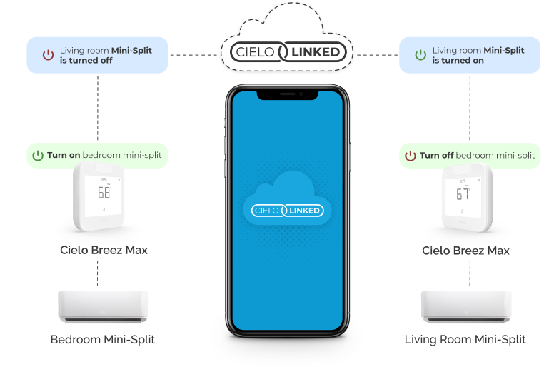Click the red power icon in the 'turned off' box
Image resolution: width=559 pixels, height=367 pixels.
click(x=48, y=55)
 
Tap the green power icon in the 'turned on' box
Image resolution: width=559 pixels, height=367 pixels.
click(x=420, y=55)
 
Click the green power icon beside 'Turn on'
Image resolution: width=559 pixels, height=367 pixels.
click(x=37, y=155)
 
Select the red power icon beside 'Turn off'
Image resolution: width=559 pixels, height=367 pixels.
click(x=410, y=155)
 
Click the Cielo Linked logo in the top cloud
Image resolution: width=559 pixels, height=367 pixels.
click(x=285, y=51)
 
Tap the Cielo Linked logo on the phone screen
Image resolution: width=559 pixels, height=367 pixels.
click(x=287, y=210)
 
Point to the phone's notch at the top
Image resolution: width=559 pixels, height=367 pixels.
click(x=287, y=94)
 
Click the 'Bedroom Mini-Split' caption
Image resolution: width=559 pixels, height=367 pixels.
click(x=103, y=339)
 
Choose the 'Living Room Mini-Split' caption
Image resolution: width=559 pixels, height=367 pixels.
click(x=465, y=339)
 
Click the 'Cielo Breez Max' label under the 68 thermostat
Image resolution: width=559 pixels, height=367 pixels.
click(x=104, y=250)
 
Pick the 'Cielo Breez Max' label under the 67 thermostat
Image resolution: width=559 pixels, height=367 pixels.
click(x=465, y=251)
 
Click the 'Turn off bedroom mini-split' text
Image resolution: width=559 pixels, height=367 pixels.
click(x=477, y=155)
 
